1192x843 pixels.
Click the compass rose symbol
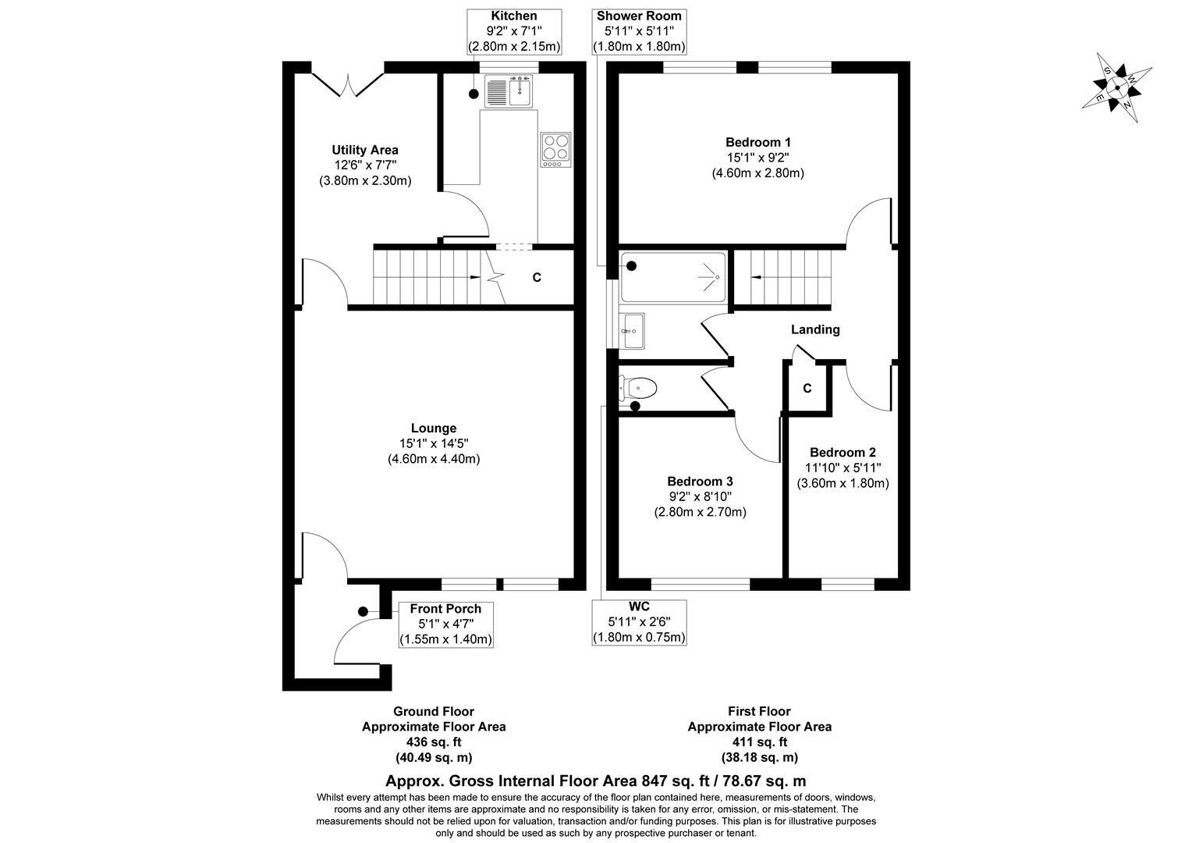[1116, 87]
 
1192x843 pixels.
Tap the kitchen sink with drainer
[508, 92]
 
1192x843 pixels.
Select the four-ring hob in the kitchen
[555, 148]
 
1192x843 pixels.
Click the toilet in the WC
[640, 387]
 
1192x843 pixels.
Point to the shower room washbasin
[633, 331]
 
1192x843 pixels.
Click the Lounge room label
[434, 428]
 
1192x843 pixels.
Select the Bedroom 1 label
[757, 142]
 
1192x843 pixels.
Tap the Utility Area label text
[364, 150]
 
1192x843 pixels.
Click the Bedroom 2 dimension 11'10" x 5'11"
[843, 468]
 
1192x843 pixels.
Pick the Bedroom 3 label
[700, 482]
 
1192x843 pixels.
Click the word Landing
[815, 329]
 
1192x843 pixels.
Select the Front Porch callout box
[445, 624]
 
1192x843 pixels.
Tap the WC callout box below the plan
[639, 622]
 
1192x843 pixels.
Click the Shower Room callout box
[639, 31]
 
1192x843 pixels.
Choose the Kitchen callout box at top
[513, 31]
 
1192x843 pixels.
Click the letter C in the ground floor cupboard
[537, 277]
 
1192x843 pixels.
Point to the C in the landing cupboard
[807, 388]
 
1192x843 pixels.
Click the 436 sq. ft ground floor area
[433, 742]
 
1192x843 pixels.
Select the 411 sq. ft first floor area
[759, 742]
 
